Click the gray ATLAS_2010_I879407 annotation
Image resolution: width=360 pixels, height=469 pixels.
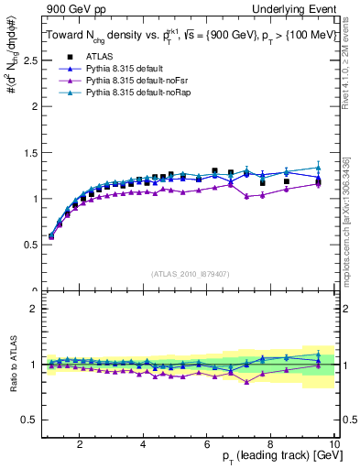pyautogui.click(x=190, y=274)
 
